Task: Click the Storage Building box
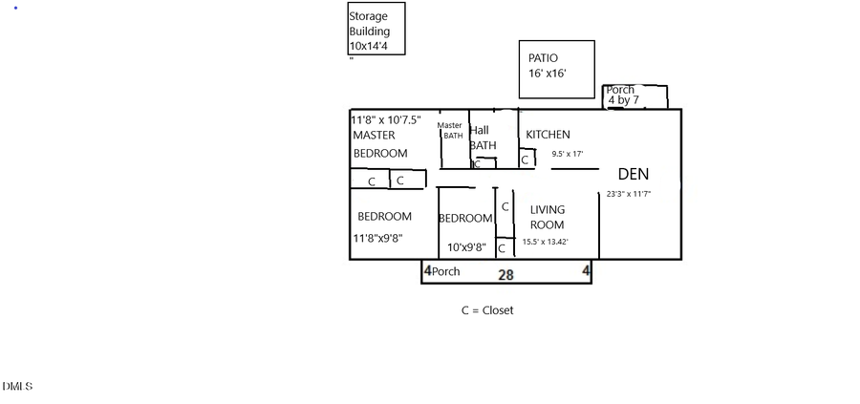click(376, 30)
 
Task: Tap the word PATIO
click(543, 58)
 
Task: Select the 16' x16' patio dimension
click(547, 74)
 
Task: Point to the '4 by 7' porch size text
click(625, 100)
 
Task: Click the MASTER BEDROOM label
click(379, 143)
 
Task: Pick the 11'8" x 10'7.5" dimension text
click(386, 120)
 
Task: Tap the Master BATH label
click(450, 130)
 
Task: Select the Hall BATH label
click(482, 138)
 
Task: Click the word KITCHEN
click(548, 135)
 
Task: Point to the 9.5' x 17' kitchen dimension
click(567, 153)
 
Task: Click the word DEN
click(634, 174)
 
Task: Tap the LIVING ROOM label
click(548, 217)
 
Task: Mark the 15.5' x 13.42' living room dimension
click(546, 242)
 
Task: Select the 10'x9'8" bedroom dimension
click(466, 247)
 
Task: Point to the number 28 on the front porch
click(505, 274)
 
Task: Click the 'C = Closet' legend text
click(487, 309)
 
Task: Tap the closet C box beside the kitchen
click(525, 160)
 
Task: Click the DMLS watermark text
click(17, 386)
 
